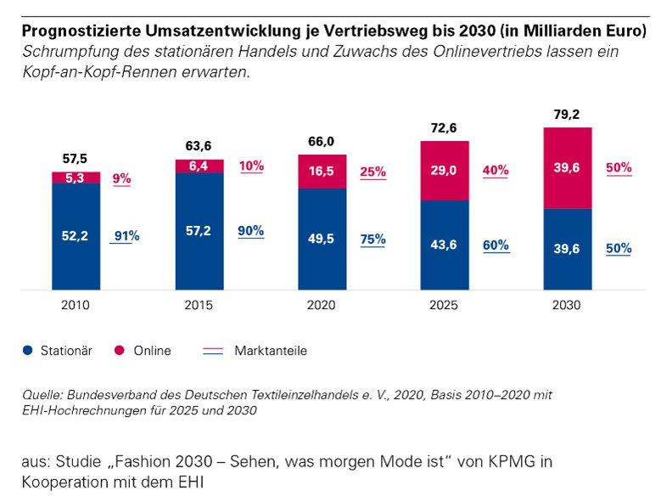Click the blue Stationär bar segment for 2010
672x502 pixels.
tap(76, 236)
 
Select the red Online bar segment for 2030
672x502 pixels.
tap(568, 167)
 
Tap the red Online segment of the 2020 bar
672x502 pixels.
tap(322, 172)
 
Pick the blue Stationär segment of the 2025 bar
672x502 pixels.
tap(445, 245)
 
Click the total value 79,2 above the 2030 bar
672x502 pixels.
tap(568, 115)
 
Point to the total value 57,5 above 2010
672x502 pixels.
tap(76, 159)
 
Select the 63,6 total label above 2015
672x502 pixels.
tap(199, 145)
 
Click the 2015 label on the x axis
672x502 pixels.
tap(199, 305)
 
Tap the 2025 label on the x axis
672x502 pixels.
tap(445, 305)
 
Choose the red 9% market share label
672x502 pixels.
tap(121, 179)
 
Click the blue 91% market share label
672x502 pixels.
tap(126, 236)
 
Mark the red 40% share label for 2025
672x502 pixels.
tap(496, 171)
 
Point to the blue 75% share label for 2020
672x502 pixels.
tap(372, 240)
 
